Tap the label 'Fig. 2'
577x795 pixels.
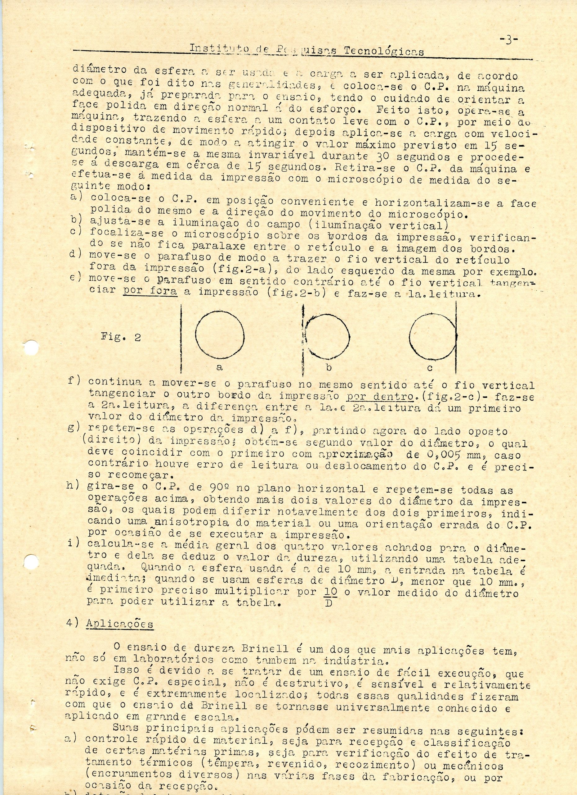[121, 337]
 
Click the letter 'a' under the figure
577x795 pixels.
[220, 368]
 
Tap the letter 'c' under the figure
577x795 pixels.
[430, 368]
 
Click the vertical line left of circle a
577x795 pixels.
[181, 338]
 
